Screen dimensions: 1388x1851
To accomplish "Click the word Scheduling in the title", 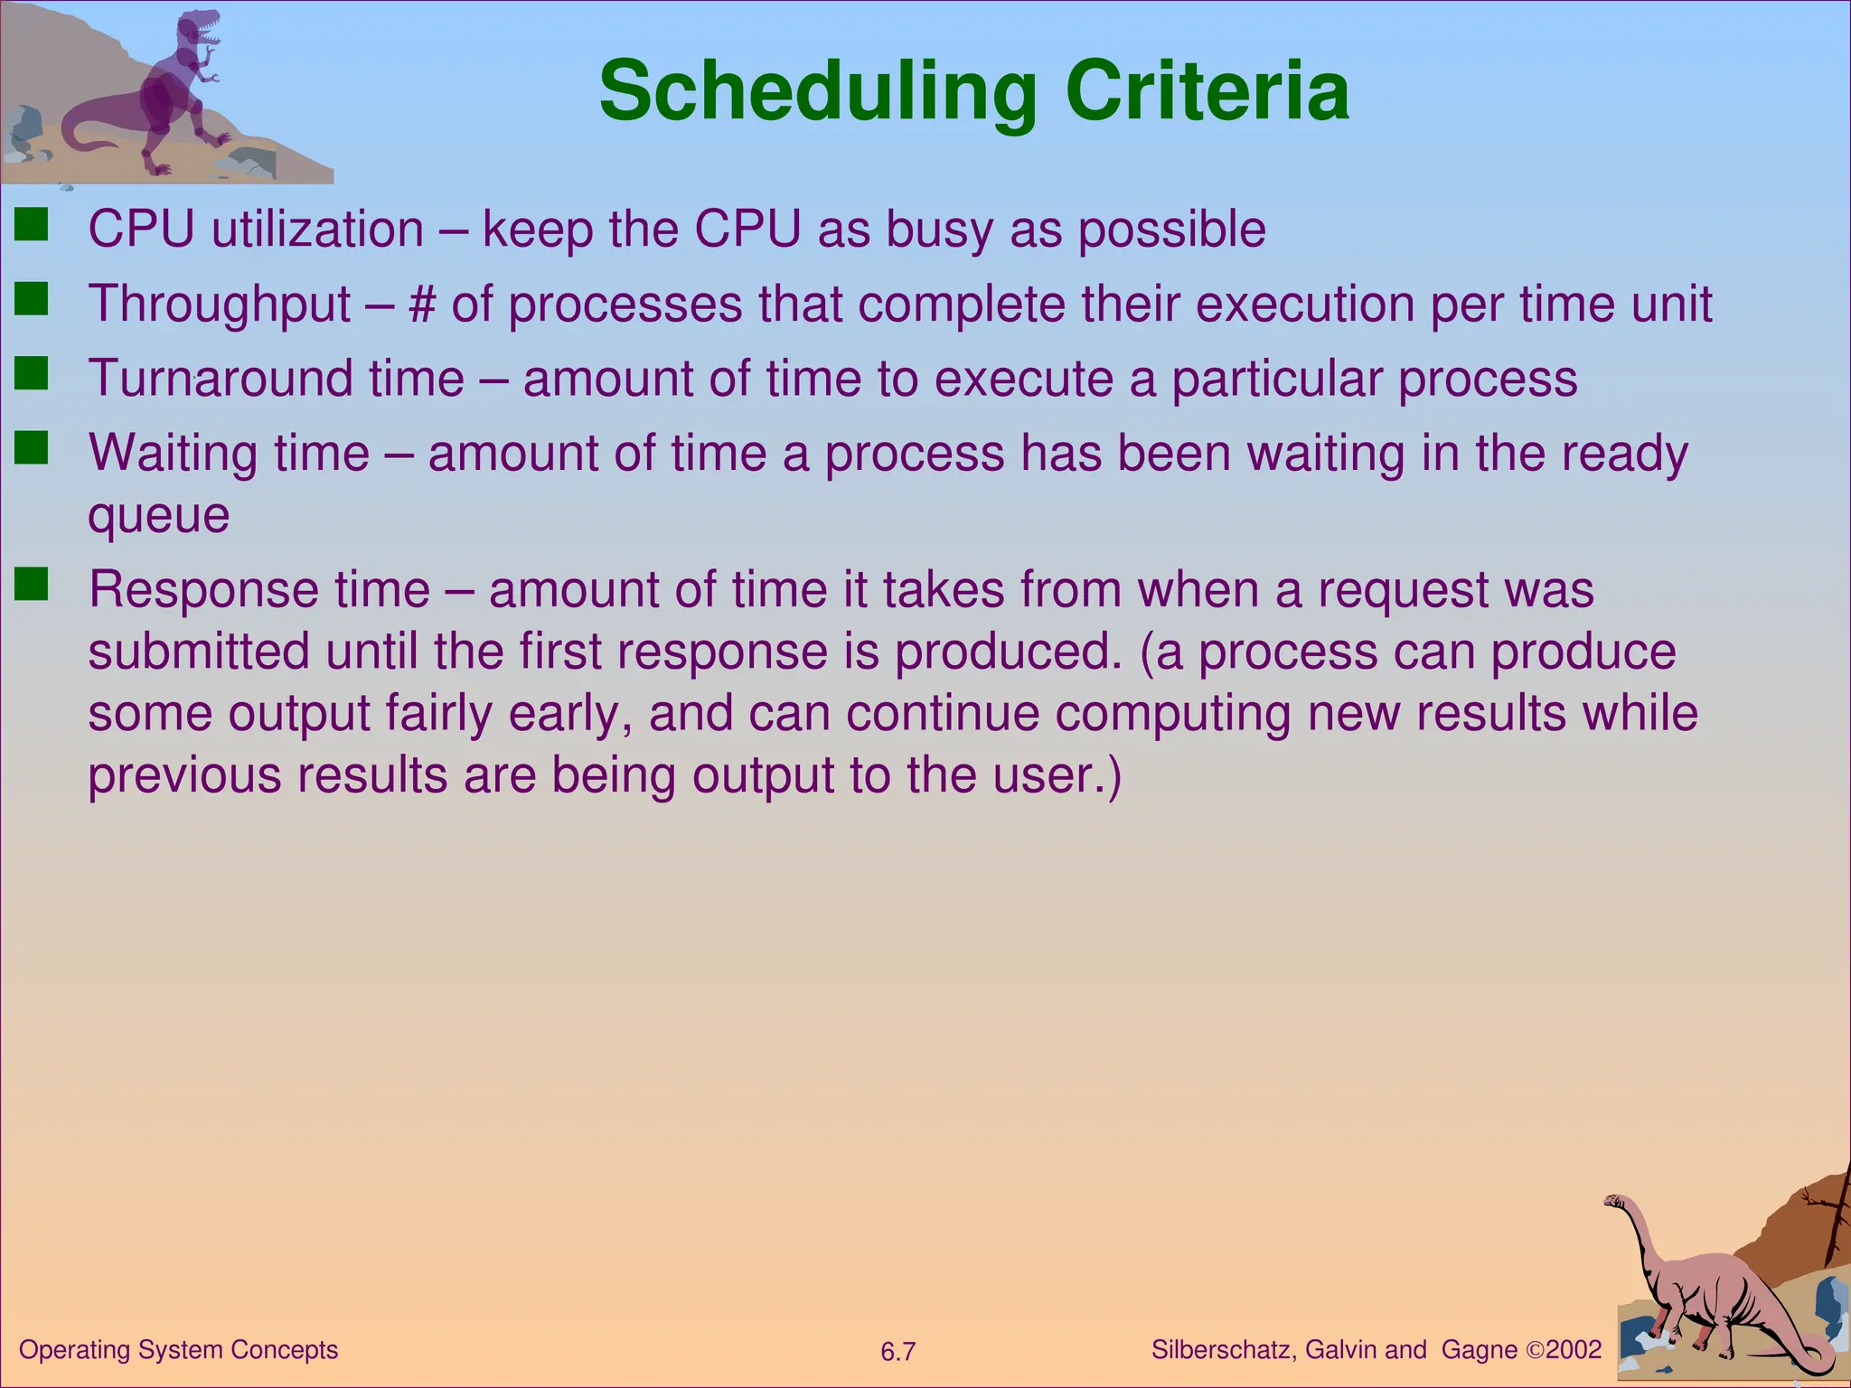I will tap(818, 92).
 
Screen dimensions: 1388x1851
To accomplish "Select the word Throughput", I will tap(220, 304).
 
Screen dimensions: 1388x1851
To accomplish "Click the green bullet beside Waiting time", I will tap(32, 448).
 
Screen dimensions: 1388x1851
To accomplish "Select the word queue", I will tap(158, 515).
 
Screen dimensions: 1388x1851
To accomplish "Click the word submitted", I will tap(199, 652).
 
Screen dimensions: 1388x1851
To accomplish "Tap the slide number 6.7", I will tap(897, 1352).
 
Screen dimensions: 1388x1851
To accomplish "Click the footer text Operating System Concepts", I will tap(178, 1350).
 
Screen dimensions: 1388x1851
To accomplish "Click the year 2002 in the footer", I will tap(1574, 1350).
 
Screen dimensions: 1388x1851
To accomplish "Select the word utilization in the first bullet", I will tap(317, 230).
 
